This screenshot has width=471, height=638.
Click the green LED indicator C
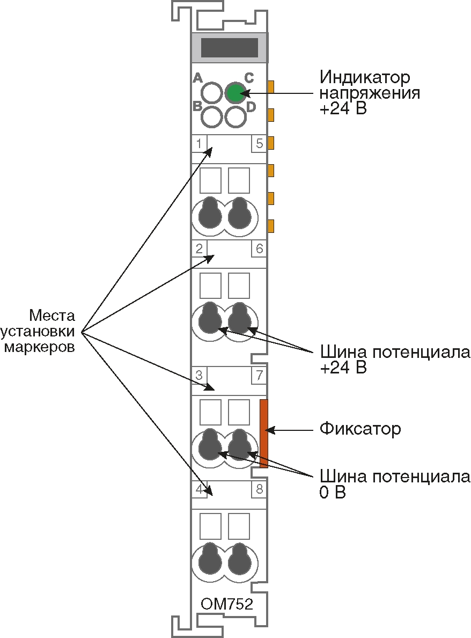(235, 93)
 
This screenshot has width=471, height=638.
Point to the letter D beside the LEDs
(251, 106)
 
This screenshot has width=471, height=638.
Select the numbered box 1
(199, 144)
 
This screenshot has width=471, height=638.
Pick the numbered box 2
(199, 248)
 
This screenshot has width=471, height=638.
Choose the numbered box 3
(199, 375)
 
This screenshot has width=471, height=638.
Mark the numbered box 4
(199, 489)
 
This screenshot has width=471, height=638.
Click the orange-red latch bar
(263, 433)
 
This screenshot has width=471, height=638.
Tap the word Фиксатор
(360, 429)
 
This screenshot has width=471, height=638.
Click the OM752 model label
(227, 605)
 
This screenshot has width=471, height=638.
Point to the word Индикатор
(365, 77)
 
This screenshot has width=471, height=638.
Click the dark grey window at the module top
(229, 48)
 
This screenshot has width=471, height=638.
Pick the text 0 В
(333, 493)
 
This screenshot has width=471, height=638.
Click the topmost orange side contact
(271, 86)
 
